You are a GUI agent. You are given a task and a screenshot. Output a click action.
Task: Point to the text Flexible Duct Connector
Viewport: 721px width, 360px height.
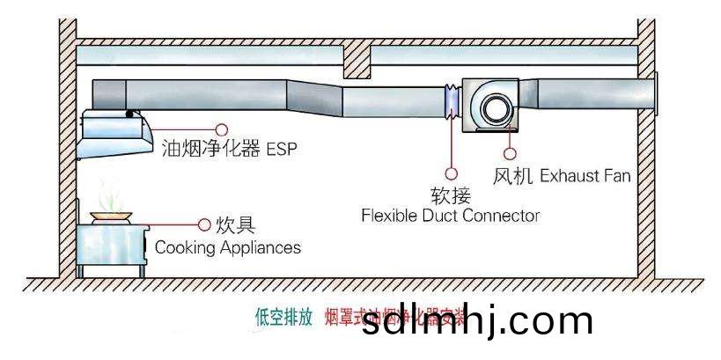tap(450, 215)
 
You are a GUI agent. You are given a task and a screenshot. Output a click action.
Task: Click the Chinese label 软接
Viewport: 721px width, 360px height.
tap(450, 195)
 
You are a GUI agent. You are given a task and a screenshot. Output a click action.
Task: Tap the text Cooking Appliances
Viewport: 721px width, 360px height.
tap(227, 247)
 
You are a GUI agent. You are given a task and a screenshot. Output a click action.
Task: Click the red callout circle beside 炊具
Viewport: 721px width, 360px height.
tap(204, 225)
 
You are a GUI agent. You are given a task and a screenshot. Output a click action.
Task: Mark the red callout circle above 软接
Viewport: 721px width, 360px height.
tap(452, 173)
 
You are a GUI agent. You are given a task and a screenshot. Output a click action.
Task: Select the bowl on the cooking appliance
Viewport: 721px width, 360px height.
tap(107, 214)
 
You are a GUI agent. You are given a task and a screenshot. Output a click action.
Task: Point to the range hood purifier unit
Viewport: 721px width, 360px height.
tap(114, 133)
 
